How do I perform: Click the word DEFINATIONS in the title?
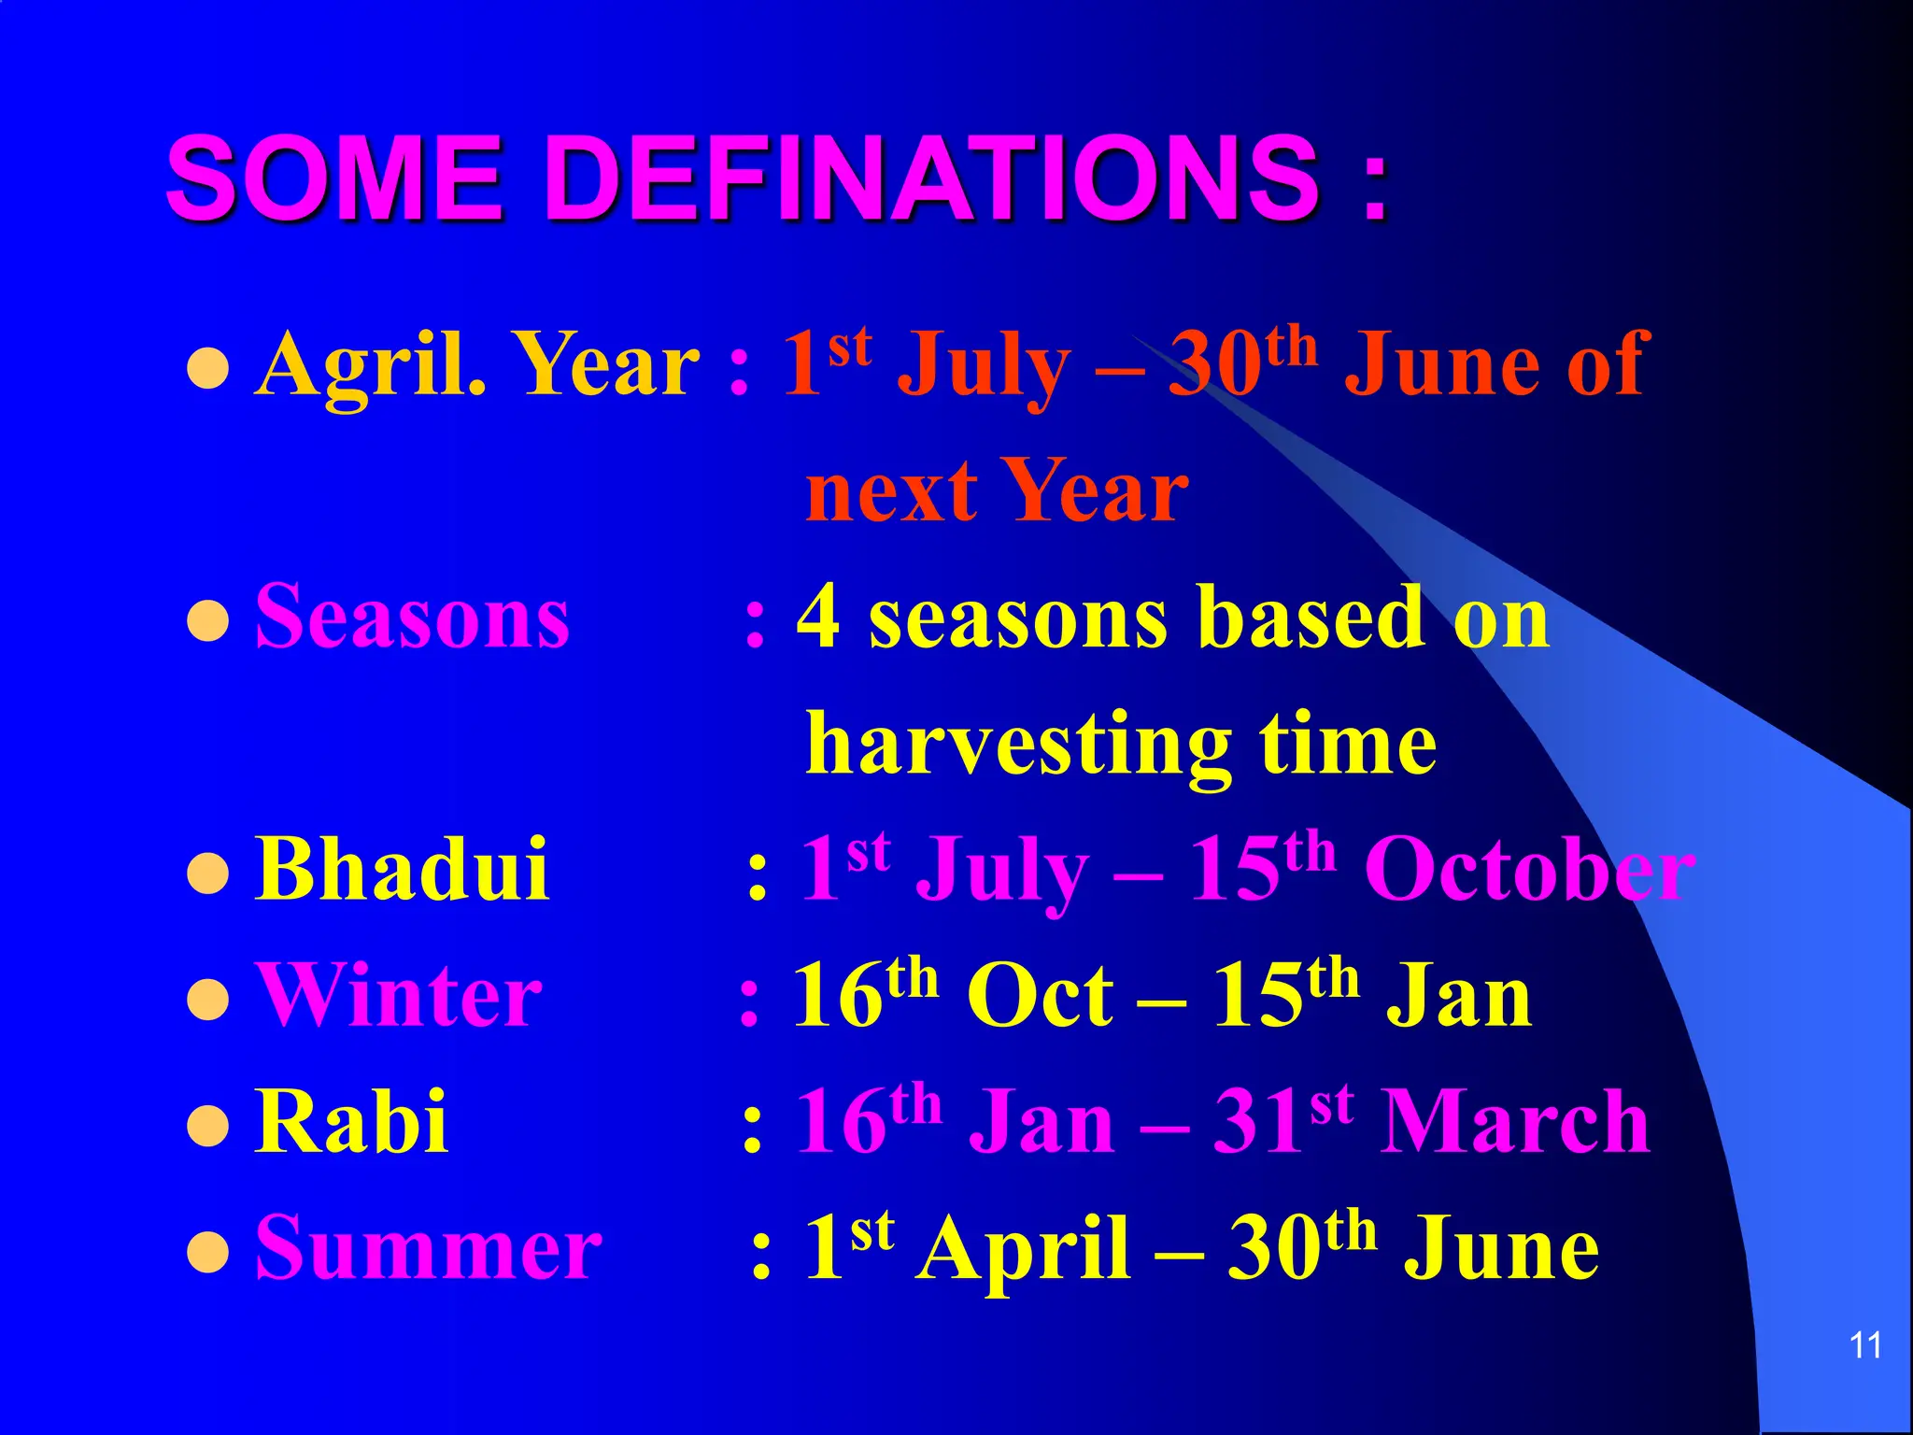coord(932,178)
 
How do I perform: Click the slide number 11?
coord(1865,1345)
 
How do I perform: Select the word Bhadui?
coord(402,869)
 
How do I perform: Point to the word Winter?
coord(399,996)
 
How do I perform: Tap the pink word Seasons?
coord(412,617)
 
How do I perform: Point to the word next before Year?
coord(892,493)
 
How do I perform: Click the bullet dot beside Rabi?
coord(208,1126)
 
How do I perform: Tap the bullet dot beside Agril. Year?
coord(208,369)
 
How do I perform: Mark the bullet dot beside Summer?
coord(208,1252)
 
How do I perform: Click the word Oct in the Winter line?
coord(1040,996)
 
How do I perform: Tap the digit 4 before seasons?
coord(818,617)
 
